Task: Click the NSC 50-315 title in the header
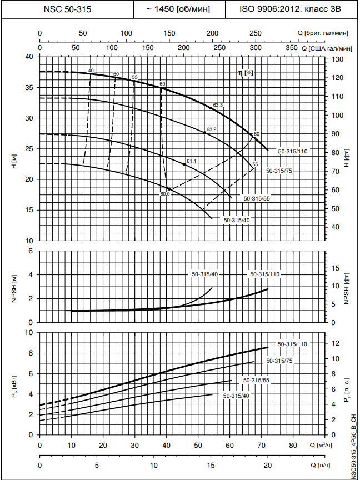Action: (68, 9)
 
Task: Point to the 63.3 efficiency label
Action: (217, 105)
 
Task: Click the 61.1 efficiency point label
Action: (192, 161)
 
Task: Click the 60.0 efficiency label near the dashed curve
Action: (165, 194)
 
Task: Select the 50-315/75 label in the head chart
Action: (279, 171)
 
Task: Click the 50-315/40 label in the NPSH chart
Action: (205, 274)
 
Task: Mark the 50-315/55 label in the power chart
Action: (257, 380)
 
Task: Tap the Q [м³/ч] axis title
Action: (322, 446)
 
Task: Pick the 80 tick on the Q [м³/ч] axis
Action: (293, 446)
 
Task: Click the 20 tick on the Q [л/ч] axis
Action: (267, 465)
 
